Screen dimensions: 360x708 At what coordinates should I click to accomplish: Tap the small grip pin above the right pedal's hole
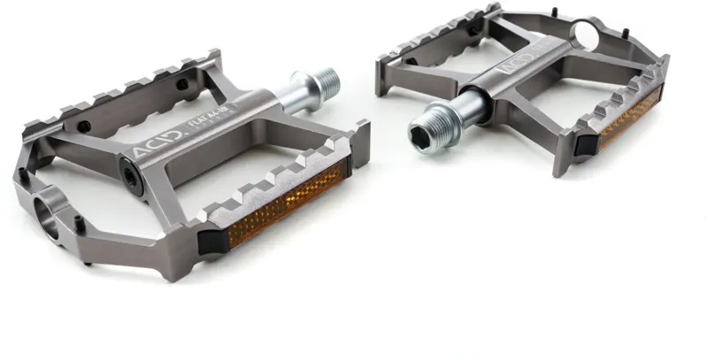tap(555, 12)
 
